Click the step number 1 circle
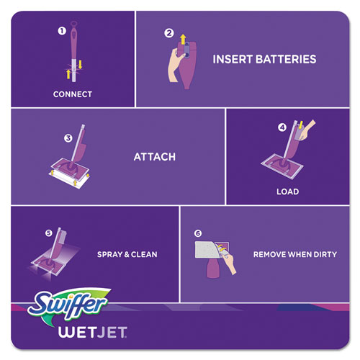click(62, 31)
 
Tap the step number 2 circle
click(169, 33)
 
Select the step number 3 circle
click(68, 138)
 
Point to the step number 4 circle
click(282, 127)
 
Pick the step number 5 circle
click(49, 233)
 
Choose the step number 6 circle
click(198, 233)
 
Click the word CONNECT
click(73, 94)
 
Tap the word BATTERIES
click(286, 59)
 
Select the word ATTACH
click(155, 157)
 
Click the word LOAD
click(288, 192)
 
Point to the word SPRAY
click(110, 254)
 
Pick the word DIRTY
click(325, 254)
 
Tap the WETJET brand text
click(93, 332)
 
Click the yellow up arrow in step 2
click(183, 39)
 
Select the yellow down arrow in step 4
click(300, 125)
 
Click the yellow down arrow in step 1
click(80, 65)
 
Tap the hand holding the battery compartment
click(176, 65)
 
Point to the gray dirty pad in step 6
click(207, 250)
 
